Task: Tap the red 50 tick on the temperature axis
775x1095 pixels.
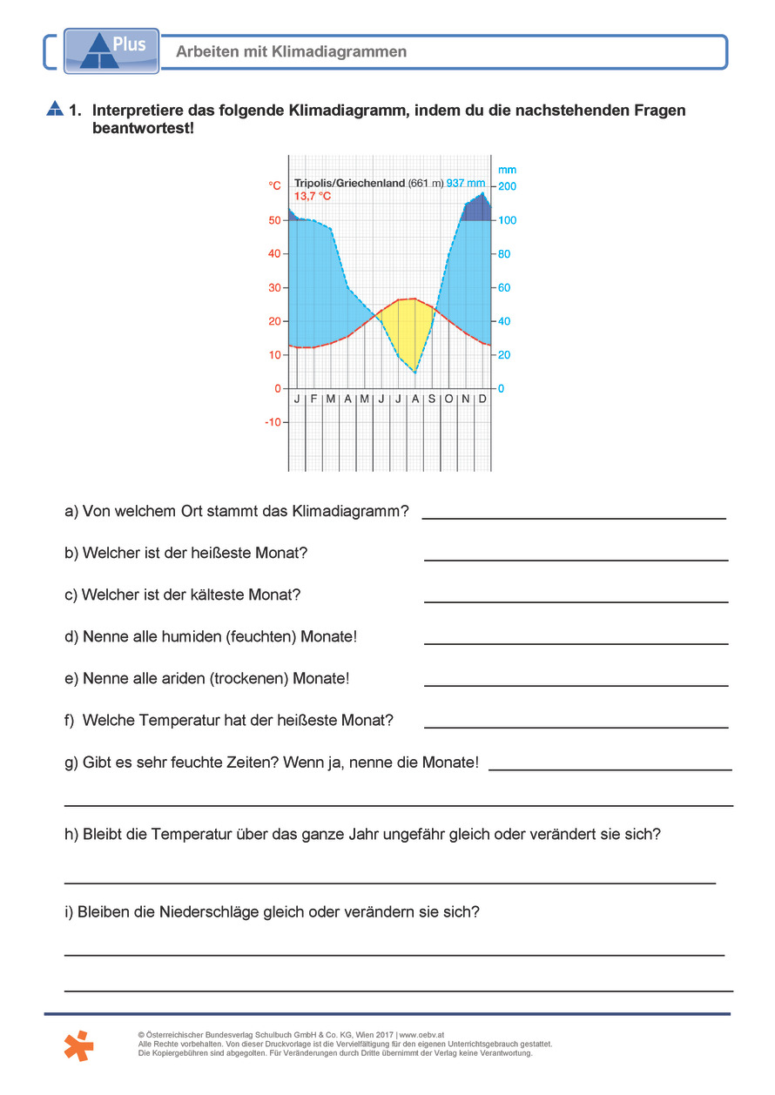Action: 274,221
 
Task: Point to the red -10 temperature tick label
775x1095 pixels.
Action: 273,422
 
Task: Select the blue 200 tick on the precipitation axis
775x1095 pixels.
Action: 507,187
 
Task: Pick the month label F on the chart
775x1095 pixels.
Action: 313,399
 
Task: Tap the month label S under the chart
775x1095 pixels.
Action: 432,399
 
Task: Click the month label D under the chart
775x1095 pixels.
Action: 482,399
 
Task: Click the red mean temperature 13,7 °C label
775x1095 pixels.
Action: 312,197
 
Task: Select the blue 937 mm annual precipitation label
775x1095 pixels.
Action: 466,184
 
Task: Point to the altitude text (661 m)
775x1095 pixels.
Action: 426,184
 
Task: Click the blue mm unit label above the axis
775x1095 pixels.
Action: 507,171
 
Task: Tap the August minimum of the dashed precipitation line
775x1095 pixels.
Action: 415,373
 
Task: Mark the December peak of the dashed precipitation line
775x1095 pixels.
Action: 482,193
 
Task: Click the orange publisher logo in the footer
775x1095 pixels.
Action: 79,1045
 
